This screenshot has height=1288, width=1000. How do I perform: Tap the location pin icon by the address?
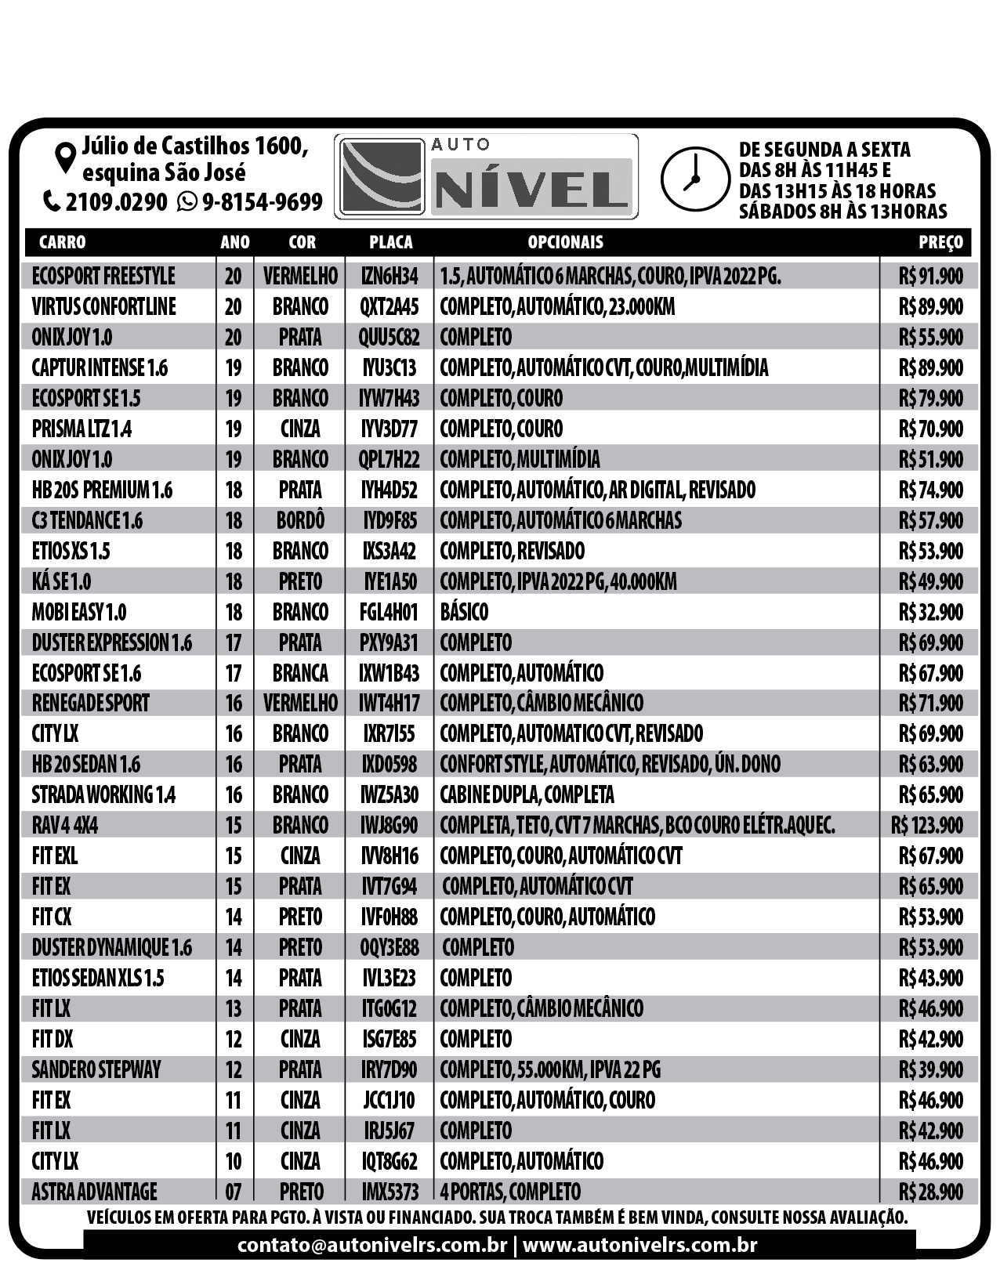click(x=66, y=157)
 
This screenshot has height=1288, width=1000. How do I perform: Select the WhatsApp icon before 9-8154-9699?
click(x=187, y=202)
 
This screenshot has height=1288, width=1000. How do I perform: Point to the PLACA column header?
click(x=390, y=242)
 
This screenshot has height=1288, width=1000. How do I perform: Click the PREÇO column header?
click(x=940, y=242)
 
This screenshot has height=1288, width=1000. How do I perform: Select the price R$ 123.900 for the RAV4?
click(x=927, y=826)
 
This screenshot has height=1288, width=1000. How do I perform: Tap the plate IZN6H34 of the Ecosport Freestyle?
click(x=389, y=276)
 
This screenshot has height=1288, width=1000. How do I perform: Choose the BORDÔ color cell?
click(x=300, y=520)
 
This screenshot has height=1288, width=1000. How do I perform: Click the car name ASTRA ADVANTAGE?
click(x=94, y=1192)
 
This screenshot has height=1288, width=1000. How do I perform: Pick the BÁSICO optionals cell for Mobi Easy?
click(x=464, y=612)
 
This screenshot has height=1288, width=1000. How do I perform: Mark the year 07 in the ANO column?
click(x=234, y=1192)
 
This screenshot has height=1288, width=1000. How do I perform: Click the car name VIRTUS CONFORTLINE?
click(x=103, y=306)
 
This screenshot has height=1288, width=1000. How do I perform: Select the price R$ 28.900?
click(x=931, y=1192)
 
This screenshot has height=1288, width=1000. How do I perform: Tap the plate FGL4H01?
click(x=389, y=612)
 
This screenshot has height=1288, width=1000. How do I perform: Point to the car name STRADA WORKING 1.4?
click(x=103, y=795)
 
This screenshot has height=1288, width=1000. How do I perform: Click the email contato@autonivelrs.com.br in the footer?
click(x=372, y=1245)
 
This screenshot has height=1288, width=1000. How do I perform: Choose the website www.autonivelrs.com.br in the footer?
click(x=639, y=1245)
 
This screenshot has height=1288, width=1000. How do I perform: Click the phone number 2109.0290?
click(x=116, y=202)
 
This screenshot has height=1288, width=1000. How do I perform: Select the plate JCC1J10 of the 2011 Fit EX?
click(x=389, y=1101)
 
